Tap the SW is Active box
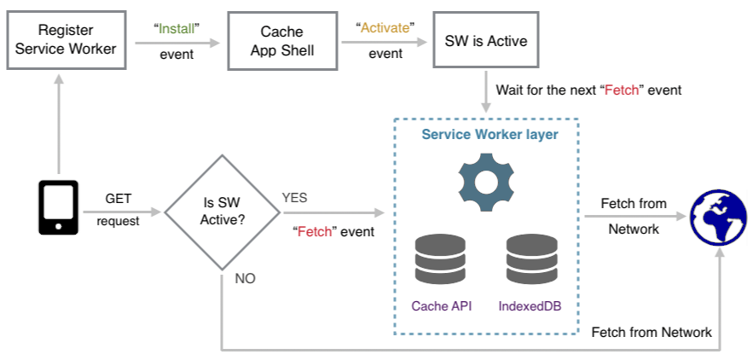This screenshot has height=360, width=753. (x=486, y=41)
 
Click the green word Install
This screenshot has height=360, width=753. (x=177, y=27)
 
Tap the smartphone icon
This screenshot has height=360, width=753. (x=58, y=206)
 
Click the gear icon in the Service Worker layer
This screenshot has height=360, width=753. (x=487, y=183)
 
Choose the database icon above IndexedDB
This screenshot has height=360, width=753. (x=531, y=259)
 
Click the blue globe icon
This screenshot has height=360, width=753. (x=718, y=218)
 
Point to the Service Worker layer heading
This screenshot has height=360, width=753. (x=489, y=135)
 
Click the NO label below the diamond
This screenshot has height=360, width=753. (x=245, y=278)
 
